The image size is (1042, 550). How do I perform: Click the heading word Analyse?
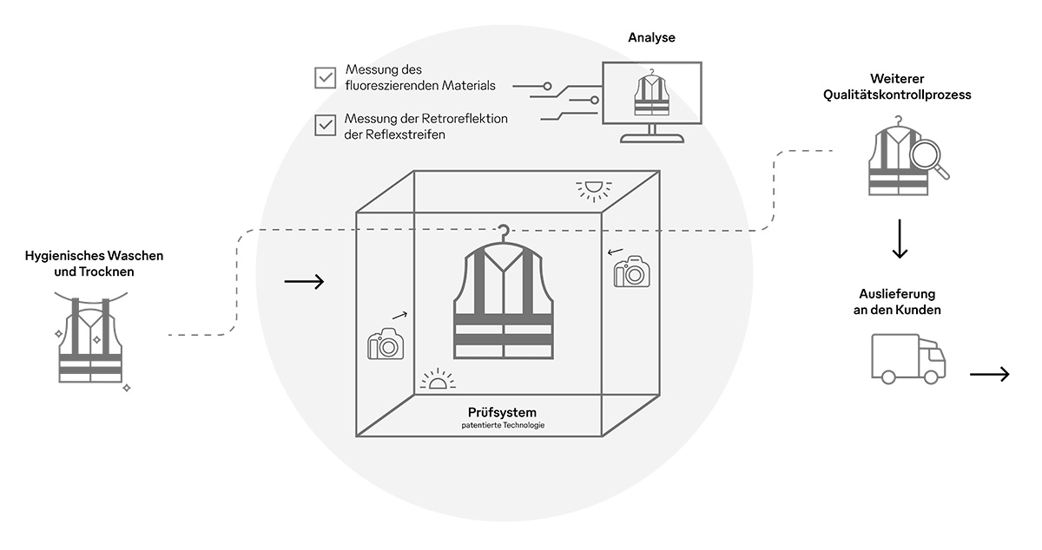point(651,38)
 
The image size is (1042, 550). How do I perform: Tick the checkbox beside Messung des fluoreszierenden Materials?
point(326,78)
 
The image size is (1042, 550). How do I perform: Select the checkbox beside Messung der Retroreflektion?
point(326,126)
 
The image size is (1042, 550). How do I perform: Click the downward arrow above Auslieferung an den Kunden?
point(900,240)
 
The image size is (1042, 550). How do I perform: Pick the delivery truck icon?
point(907,360)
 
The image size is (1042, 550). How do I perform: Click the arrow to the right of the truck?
point(990,374)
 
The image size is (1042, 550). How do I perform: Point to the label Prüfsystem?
point(503,412)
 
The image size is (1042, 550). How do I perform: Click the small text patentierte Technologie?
point(503,425)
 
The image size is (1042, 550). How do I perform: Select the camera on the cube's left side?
point(386,344)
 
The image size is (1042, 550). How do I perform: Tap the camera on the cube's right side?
point(632,272)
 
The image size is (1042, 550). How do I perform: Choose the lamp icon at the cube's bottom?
point(437,380)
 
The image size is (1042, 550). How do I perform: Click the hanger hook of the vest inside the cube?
point(503,232)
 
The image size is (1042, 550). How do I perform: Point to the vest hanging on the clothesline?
point(90,343)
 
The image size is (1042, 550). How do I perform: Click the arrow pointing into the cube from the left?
point(304,281)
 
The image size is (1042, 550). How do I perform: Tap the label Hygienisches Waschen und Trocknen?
point(95,264)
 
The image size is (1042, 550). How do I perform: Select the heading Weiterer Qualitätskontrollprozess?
point(897,87)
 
